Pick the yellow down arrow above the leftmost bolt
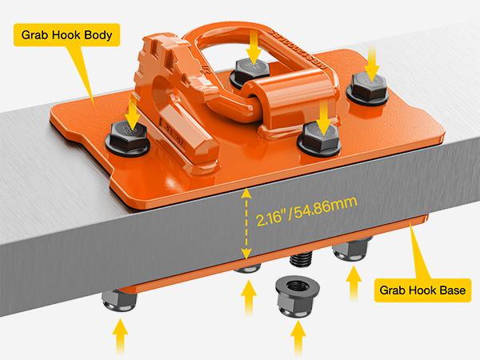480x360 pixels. (132, 109)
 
